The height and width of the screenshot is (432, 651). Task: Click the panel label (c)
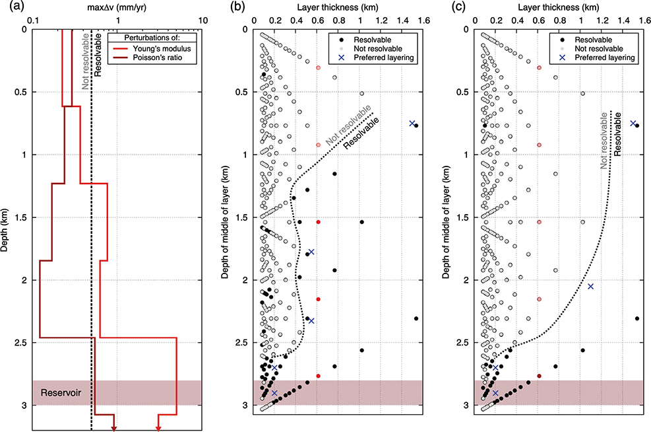449,7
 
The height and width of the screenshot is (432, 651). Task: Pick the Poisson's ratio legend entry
154,58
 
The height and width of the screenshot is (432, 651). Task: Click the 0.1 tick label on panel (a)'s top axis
30,19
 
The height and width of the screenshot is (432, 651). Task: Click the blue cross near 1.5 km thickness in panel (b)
412,123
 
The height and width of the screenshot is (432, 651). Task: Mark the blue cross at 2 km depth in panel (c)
590,286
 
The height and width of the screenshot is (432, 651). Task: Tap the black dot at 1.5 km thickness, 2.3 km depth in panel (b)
416,318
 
